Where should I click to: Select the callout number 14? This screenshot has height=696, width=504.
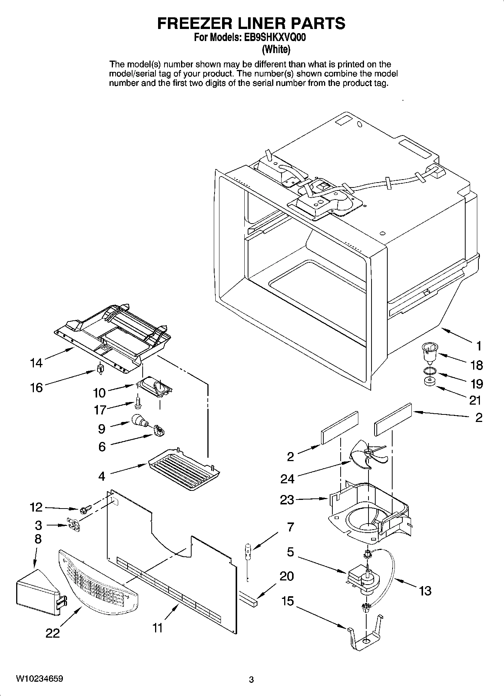(37, 363)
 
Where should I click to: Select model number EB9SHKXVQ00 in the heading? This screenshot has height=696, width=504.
(276, 37)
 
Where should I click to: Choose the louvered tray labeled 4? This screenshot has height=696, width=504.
(184, 469)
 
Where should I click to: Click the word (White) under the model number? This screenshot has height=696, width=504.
(276, 49)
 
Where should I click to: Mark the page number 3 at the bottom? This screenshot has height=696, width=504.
(251, 680)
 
